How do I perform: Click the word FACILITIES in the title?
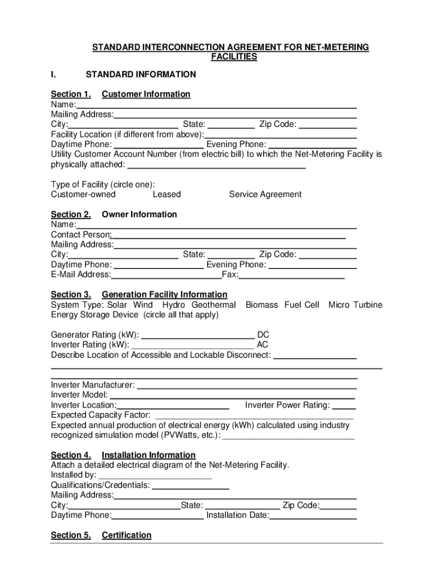pyautogui.click(x=234, y=57)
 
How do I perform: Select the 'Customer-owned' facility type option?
pyautogui.click(x=83, y=194)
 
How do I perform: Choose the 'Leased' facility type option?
pyautogui.click(x=166, y=194)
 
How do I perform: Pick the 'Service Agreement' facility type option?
pyautogui.click(x=265, y=194)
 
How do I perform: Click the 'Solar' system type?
pyautogui.click(x=118, y=305)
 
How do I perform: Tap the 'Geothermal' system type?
pyautogui.click(x=214, y=305)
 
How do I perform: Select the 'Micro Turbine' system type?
pyautogui.click(x=355, y=305)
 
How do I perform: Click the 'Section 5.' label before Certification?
pyautogui.click(x=71, y=535)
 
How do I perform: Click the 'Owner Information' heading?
pyautogui.click(x=139, y=215)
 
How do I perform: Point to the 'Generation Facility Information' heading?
pyautogui.click(x=164, y=295)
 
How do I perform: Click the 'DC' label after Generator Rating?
pyautogui.click(x=263, y=335)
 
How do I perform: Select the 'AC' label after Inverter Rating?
pyautogui.click(x=262, y=345)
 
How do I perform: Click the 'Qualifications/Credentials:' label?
pyautogui.click(x=100, y=485)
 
